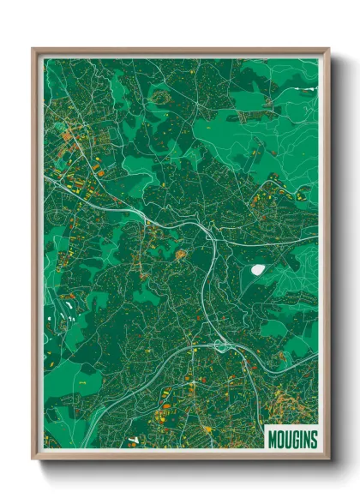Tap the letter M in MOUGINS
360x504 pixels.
(272, 440)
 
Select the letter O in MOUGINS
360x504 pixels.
(279, 440)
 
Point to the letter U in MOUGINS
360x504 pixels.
(287, 440)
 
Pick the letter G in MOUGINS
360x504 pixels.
(295, 440)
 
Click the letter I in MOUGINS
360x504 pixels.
(301, 440)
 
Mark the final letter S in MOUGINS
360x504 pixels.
(313, 440)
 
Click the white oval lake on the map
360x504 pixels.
(257, 269)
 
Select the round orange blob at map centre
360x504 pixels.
(181, 254)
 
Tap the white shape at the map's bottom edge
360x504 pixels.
(132, 442)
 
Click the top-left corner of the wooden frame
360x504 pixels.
(33, 50)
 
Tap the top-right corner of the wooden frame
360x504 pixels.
(328, 50)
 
